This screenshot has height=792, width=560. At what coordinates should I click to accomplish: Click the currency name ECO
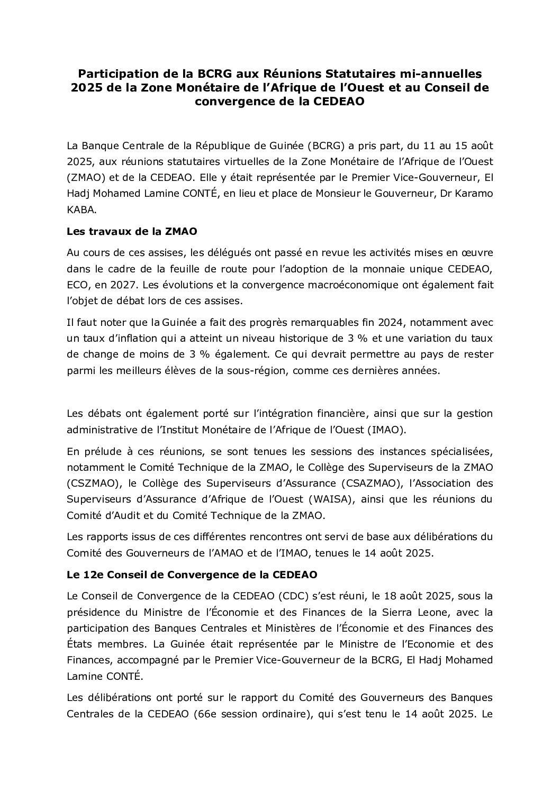(x=78, y=285)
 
